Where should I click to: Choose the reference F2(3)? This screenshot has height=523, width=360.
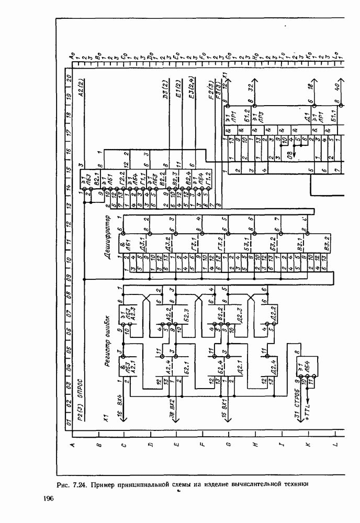tap(210, 91)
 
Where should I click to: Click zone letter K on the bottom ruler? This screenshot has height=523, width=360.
tap(308, 445)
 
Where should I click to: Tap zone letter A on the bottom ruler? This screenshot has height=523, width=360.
tap(73, 445)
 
